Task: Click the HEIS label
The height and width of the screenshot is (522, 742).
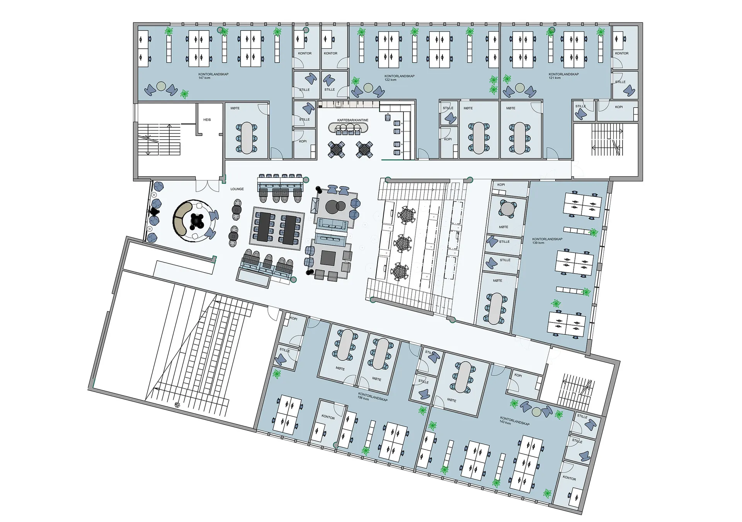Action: [207, 120]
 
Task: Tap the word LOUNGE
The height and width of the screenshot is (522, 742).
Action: [237, 189]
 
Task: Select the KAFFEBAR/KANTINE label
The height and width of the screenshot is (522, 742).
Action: [353, 120]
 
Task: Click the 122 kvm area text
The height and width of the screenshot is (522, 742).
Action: [390, 80]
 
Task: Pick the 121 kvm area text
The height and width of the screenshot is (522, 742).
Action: [555, 78]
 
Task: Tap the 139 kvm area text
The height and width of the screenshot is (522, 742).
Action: [538, 243]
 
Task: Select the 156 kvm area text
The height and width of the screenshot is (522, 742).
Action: [363, 398]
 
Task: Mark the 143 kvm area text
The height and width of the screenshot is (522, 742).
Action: [505, 423]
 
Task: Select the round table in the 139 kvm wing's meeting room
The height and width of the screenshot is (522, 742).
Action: [507, 209]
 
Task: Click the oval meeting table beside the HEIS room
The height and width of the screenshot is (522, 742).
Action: [247, 138]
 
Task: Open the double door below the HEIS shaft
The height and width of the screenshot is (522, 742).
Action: [207, 186]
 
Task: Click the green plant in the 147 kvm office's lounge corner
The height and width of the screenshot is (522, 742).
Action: [185, 94]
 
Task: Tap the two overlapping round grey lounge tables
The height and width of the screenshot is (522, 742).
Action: [335, 207]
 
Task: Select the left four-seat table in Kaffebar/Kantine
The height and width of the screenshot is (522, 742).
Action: [336, 149]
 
